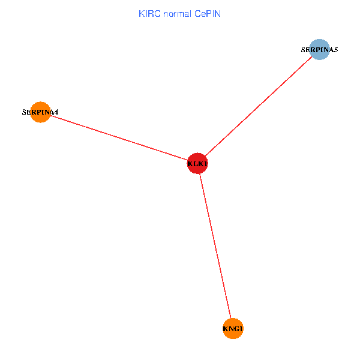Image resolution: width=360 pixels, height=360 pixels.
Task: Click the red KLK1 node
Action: coord(197,163)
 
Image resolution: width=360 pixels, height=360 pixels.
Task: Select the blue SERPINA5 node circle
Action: coord(320,50)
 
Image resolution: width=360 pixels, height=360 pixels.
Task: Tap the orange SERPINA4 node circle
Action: coord(40,112)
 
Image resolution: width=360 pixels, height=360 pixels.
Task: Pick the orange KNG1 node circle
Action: coord(233,328)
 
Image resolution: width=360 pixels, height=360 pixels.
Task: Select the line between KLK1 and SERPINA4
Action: coord(120,138)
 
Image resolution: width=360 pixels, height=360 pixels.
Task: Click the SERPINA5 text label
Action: coord(320,50)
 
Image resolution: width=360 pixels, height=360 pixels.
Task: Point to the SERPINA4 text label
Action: coord(40,112)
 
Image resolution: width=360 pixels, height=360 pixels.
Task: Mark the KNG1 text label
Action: coord(233,329)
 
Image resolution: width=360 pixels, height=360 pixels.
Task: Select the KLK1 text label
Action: coord(197,164)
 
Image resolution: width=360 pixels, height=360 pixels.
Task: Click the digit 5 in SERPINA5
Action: coord(336,50)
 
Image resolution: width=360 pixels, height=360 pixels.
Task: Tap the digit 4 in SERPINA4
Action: coord(56,112)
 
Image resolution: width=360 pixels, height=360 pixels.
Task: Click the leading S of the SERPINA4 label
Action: coord(24,112)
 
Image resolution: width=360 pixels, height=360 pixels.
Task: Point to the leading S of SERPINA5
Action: coord(304,50)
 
